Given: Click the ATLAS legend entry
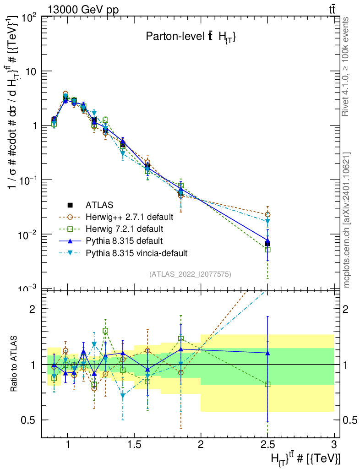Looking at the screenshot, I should (99, 204).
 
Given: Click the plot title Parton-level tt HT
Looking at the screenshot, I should (191, 38).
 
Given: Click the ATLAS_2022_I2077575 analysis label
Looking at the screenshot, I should (190, 274).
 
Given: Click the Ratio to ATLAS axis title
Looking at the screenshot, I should (15, 364).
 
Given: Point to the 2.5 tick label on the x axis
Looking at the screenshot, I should (268, 445).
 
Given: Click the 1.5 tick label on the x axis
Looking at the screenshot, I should (134, 445).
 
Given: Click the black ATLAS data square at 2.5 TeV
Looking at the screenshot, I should (267, 243).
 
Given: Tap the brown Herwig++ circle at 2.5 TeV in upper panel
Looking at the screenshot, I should (267, 214).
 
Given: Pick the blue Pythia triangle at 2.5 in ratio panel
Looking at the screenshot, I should (267, 353).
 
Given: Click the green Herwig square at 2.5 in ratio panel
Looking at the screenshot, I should (267, 384).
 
